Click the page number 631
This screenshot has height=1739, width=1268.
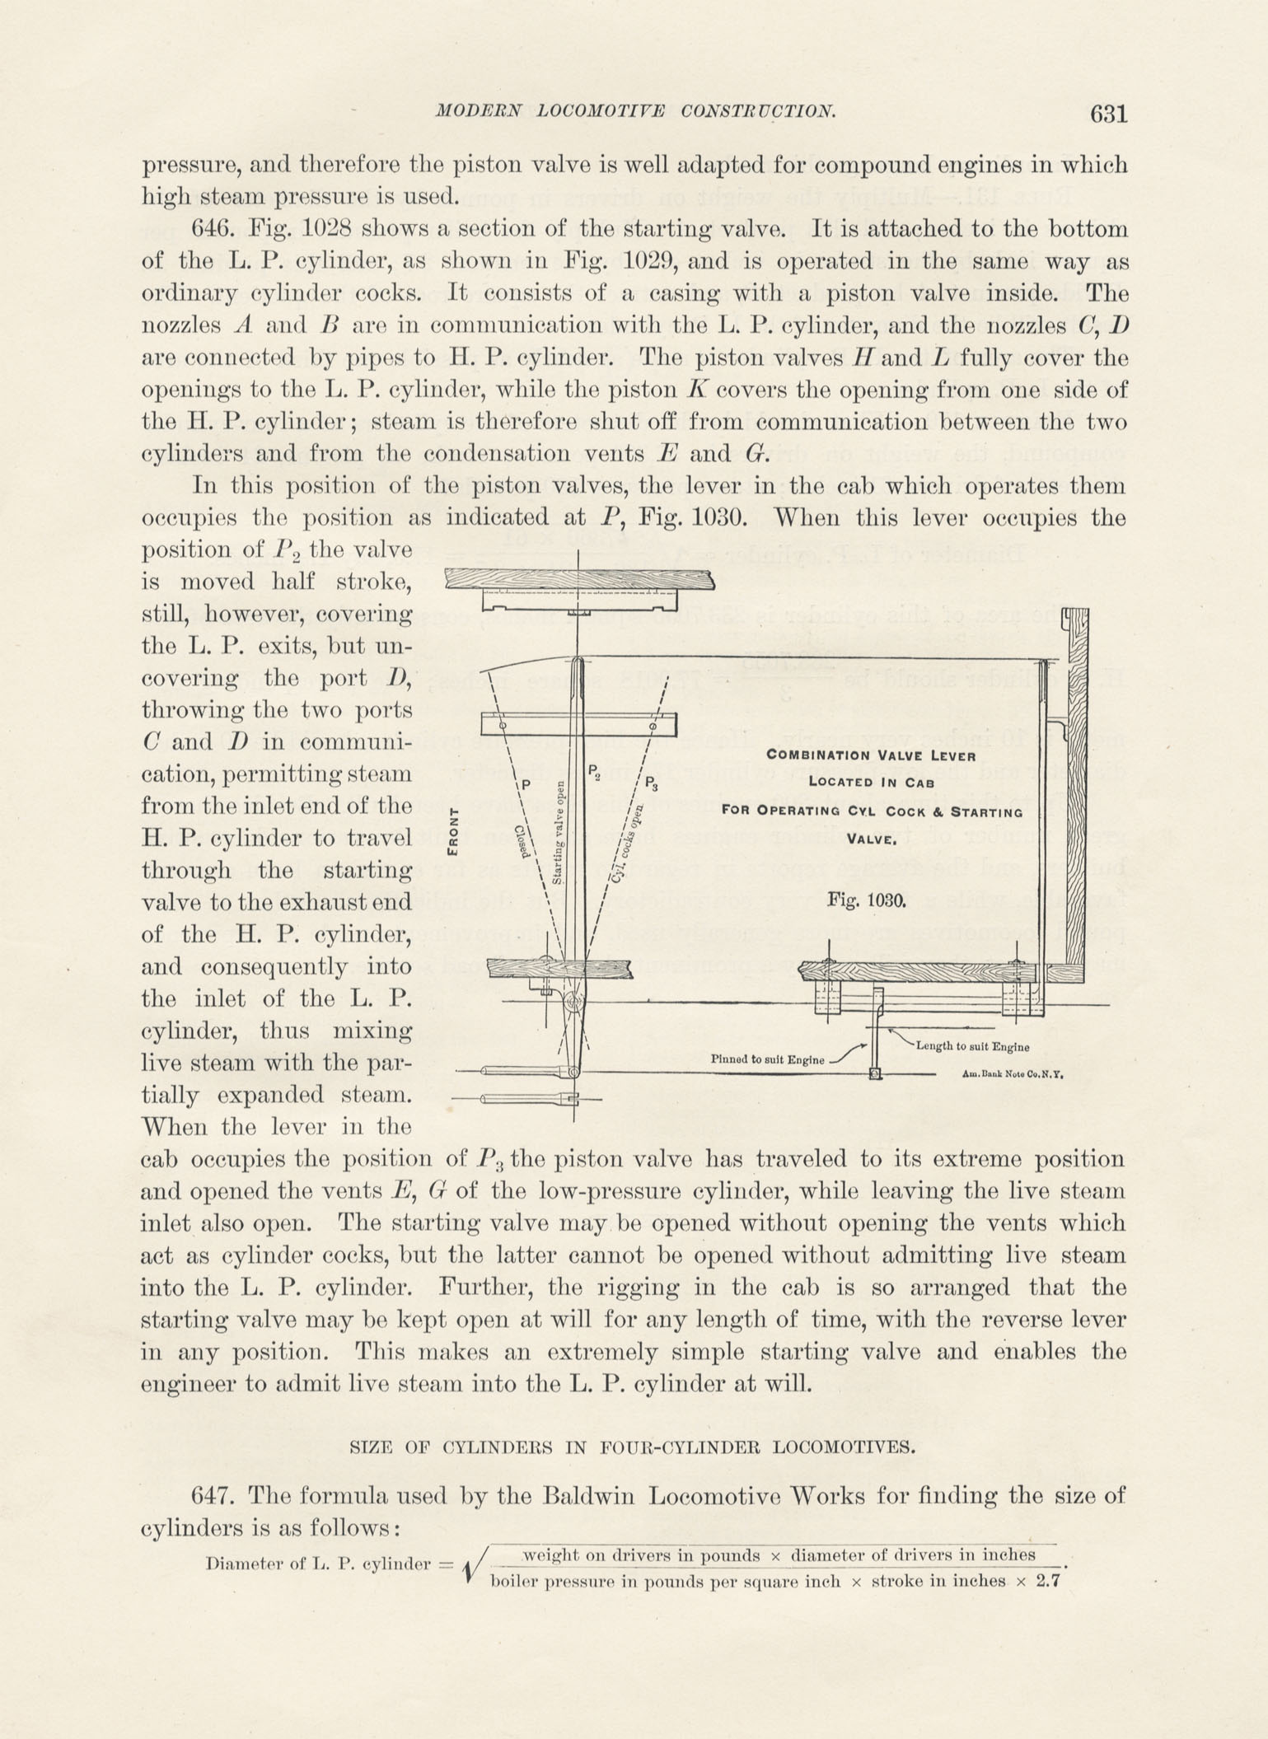tap(1108, 113)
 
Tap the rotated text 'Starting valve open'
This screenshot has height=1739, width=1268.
tap(558, 832)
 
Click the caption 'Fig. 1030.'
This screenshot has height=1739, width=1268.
tap(867, 900)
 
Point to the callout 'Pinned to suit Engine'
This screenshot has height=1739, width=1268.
tap(767, 1059)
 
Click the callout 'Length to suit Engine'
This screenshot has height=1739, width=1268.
tap(972, 1047)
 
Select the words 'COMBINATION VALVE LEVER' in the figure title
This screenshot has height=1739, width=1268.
tap(871, 755)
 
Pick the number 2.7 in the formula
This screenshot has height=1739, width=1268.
tap(1046, 1581)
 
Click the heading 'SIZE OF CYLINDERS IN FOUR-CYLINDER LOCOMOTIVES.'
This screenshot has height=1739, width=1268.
tap(633, 1447)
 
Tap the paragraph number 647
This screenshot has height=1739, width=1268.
tap(213, 1494)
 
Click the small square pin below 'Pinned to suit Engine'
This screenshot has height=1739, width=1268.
tap(875, 1074)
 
